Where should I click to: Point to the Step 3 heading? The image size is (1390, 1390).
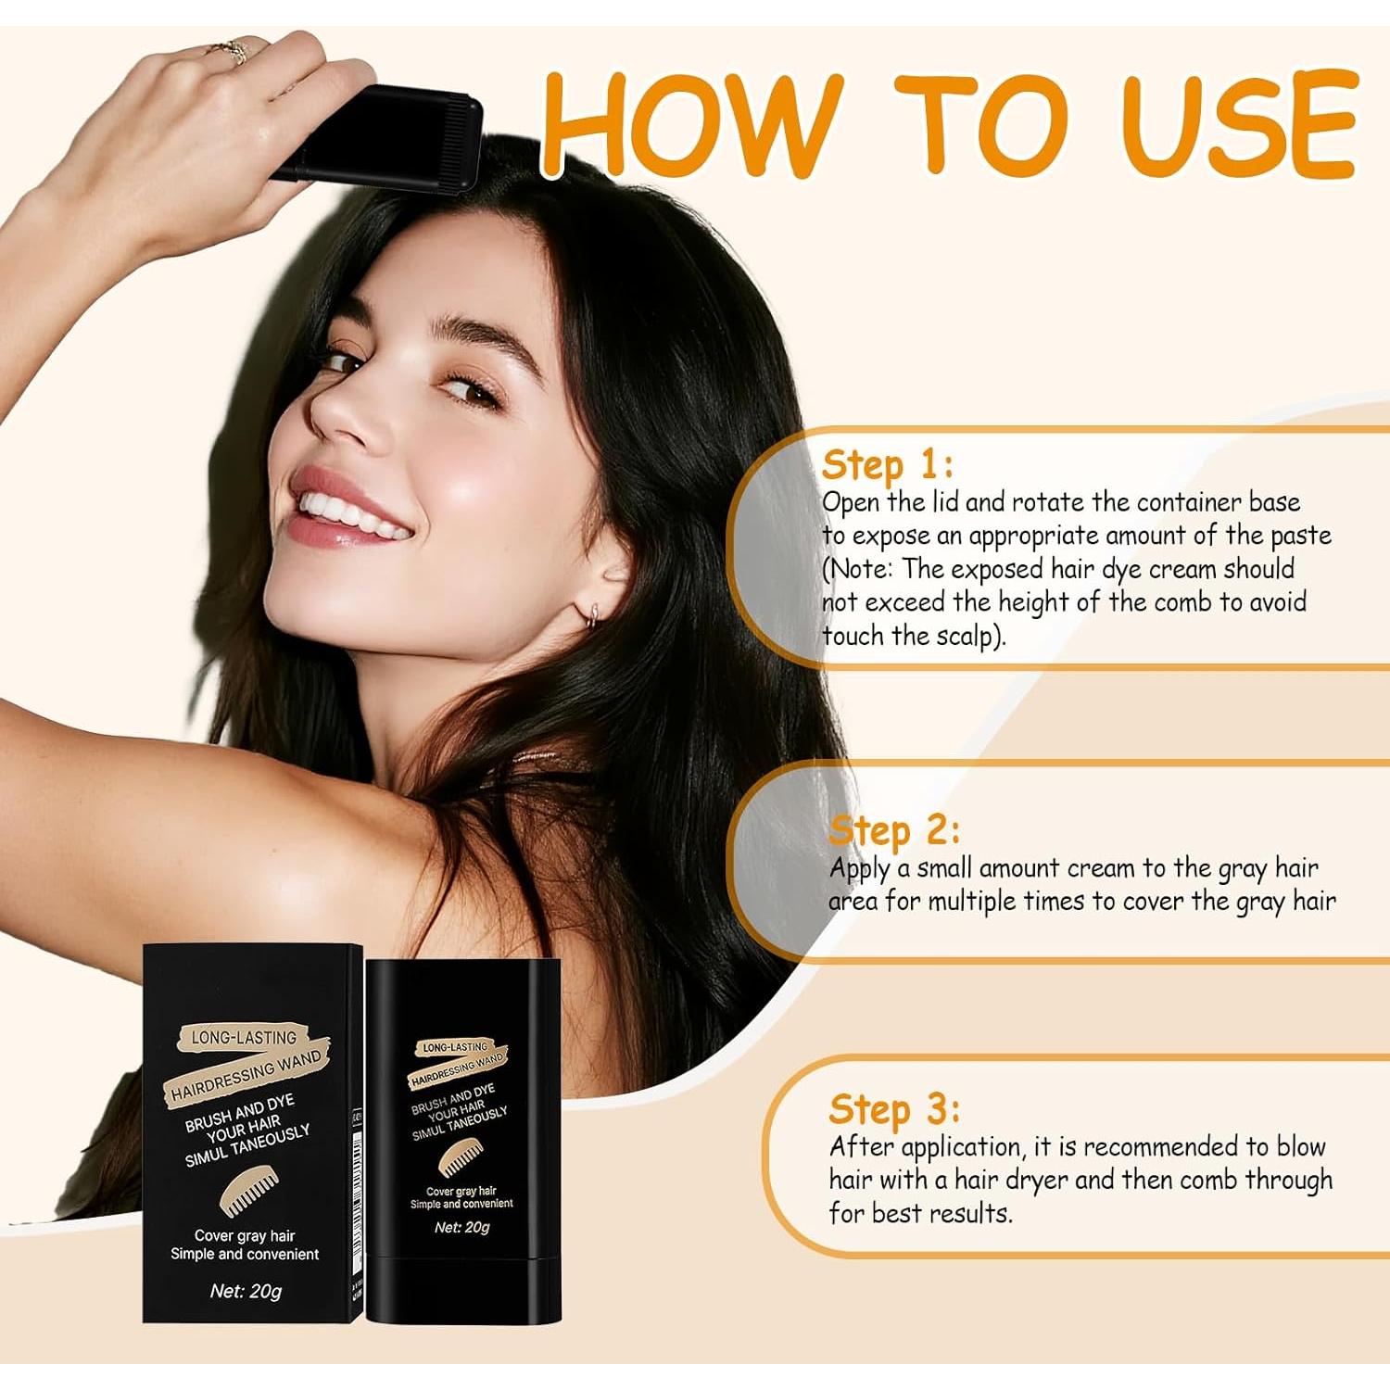tap(893, 1109)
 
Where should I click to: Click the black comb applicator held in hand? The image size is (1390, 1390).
tap(389, 134)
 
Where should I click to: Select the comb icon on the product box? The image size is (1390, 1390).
tap(247, 1191)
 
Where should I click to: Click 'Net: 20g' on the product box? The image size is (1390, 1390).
tap(246, 1291)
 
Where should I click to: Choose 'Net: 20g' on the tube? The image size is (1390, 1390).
tap(461, 1227)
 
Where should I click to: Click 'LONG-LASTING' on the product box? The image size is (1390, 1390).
tap(244, 1038)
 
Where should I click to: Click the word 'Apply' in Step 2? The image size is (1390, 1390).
tap(859, 870)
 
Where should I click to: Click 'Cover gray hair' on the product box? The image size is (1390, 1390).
tap(245, 1235)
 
